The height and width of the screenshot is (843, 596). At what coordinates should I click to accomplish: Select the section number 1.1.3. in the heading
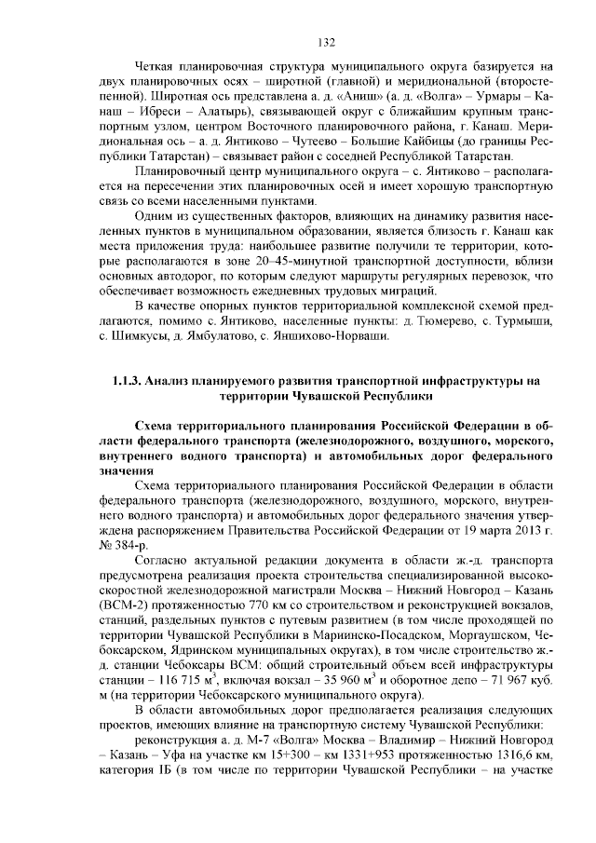click(125, 380)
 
